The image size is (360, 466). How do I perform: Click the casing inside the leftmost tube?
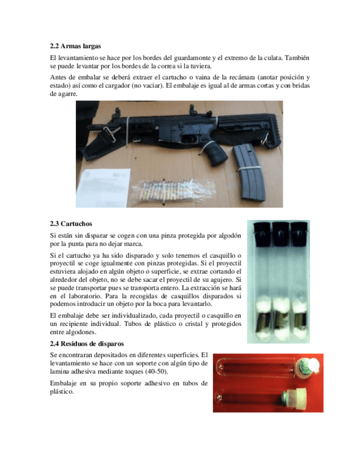264,320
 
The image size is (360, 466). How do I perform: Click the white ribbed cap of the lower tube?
297,400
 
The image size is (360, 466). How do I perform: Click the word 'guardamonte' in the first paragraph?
187,58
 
